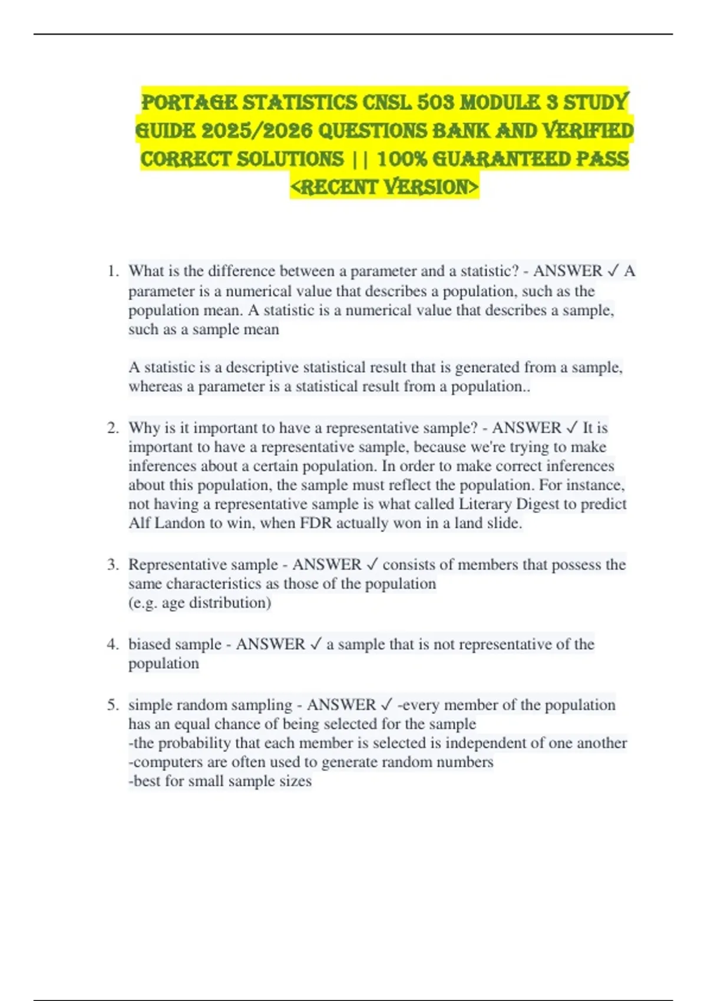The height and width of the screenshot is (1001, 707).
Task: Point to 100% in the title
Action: (401, 159)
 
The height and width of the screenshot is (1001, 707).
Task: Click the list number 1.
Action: (113, 271)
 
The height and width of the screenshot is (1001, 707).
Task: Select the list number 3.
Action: (113, 565)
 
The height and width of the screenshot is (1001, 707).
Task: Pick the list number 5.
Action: (113, 705)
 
